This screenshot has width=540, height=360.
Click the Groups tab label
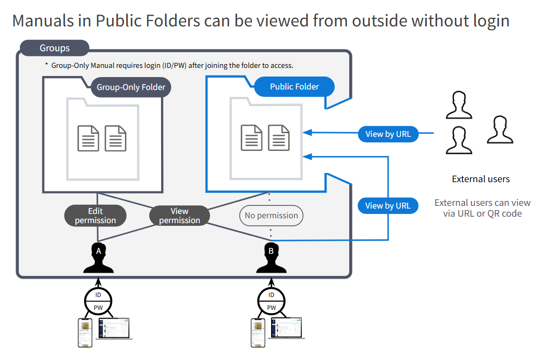[x=54, y=48]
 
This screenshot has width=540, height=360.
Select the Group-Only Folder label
[x=131, y=87]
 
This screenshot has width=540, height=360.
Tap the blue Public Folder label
[x=294, y=86]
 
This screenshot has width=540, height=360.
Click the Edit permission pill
[x=95, y=216]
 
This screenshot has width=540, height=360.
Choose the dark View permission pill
[x=179, y=216]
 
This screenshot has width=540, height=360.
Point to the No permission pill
[x=271, y=216]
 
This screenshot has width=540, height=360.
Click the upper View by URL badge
[x=388, y=134]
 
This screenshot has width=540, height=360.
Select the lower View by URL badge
[x=388, y=205]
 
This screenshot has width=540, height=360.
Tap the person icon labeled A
[x=98, y=259]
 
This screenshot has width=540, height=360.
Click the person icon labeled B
[x=271, y=259]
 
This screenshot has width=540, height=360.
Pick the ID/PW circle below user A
[x=98, y=301]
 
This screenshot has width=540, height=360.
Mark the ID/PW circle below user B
[x=271, y=301]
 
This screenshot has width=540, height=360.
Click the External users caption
[x=481, y=179]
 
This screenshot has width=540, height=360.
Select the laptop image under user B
[x=287, y=329]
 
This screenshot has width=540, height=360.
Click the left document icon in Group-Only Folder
[x=88, y=138]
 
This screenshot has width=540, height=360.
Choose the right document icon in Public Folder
[x=279, y=138]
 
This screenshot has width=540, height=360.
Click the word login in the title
[x=487, y=20]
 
